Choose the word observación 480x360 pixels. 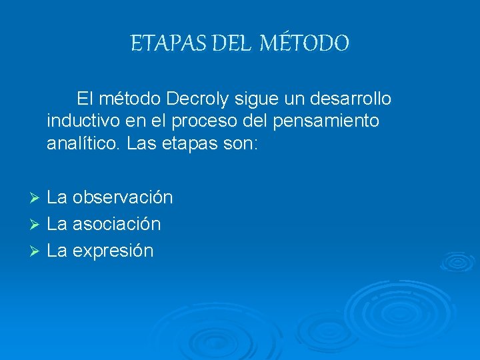pyautogui.click(x=123, y=197)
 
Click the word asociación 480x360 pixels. pyautogui.click(x=117, y=224)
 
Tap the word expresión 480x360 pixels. pyautogui.click(x=113, y=251)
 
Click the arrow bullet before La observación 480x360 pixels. pyautogui.click(x=37, y=198)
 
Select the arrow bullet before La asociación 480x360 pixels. pyautogui.click(x=37, y=225)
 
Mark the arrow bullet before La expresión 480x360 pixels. pyautogui.click(x=37, y=251)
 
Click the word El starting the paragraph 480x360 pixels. pyautogui.click(x=84, y=99)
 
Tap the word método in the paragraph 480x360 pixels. pyautogui.click(x=129, y=99)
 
